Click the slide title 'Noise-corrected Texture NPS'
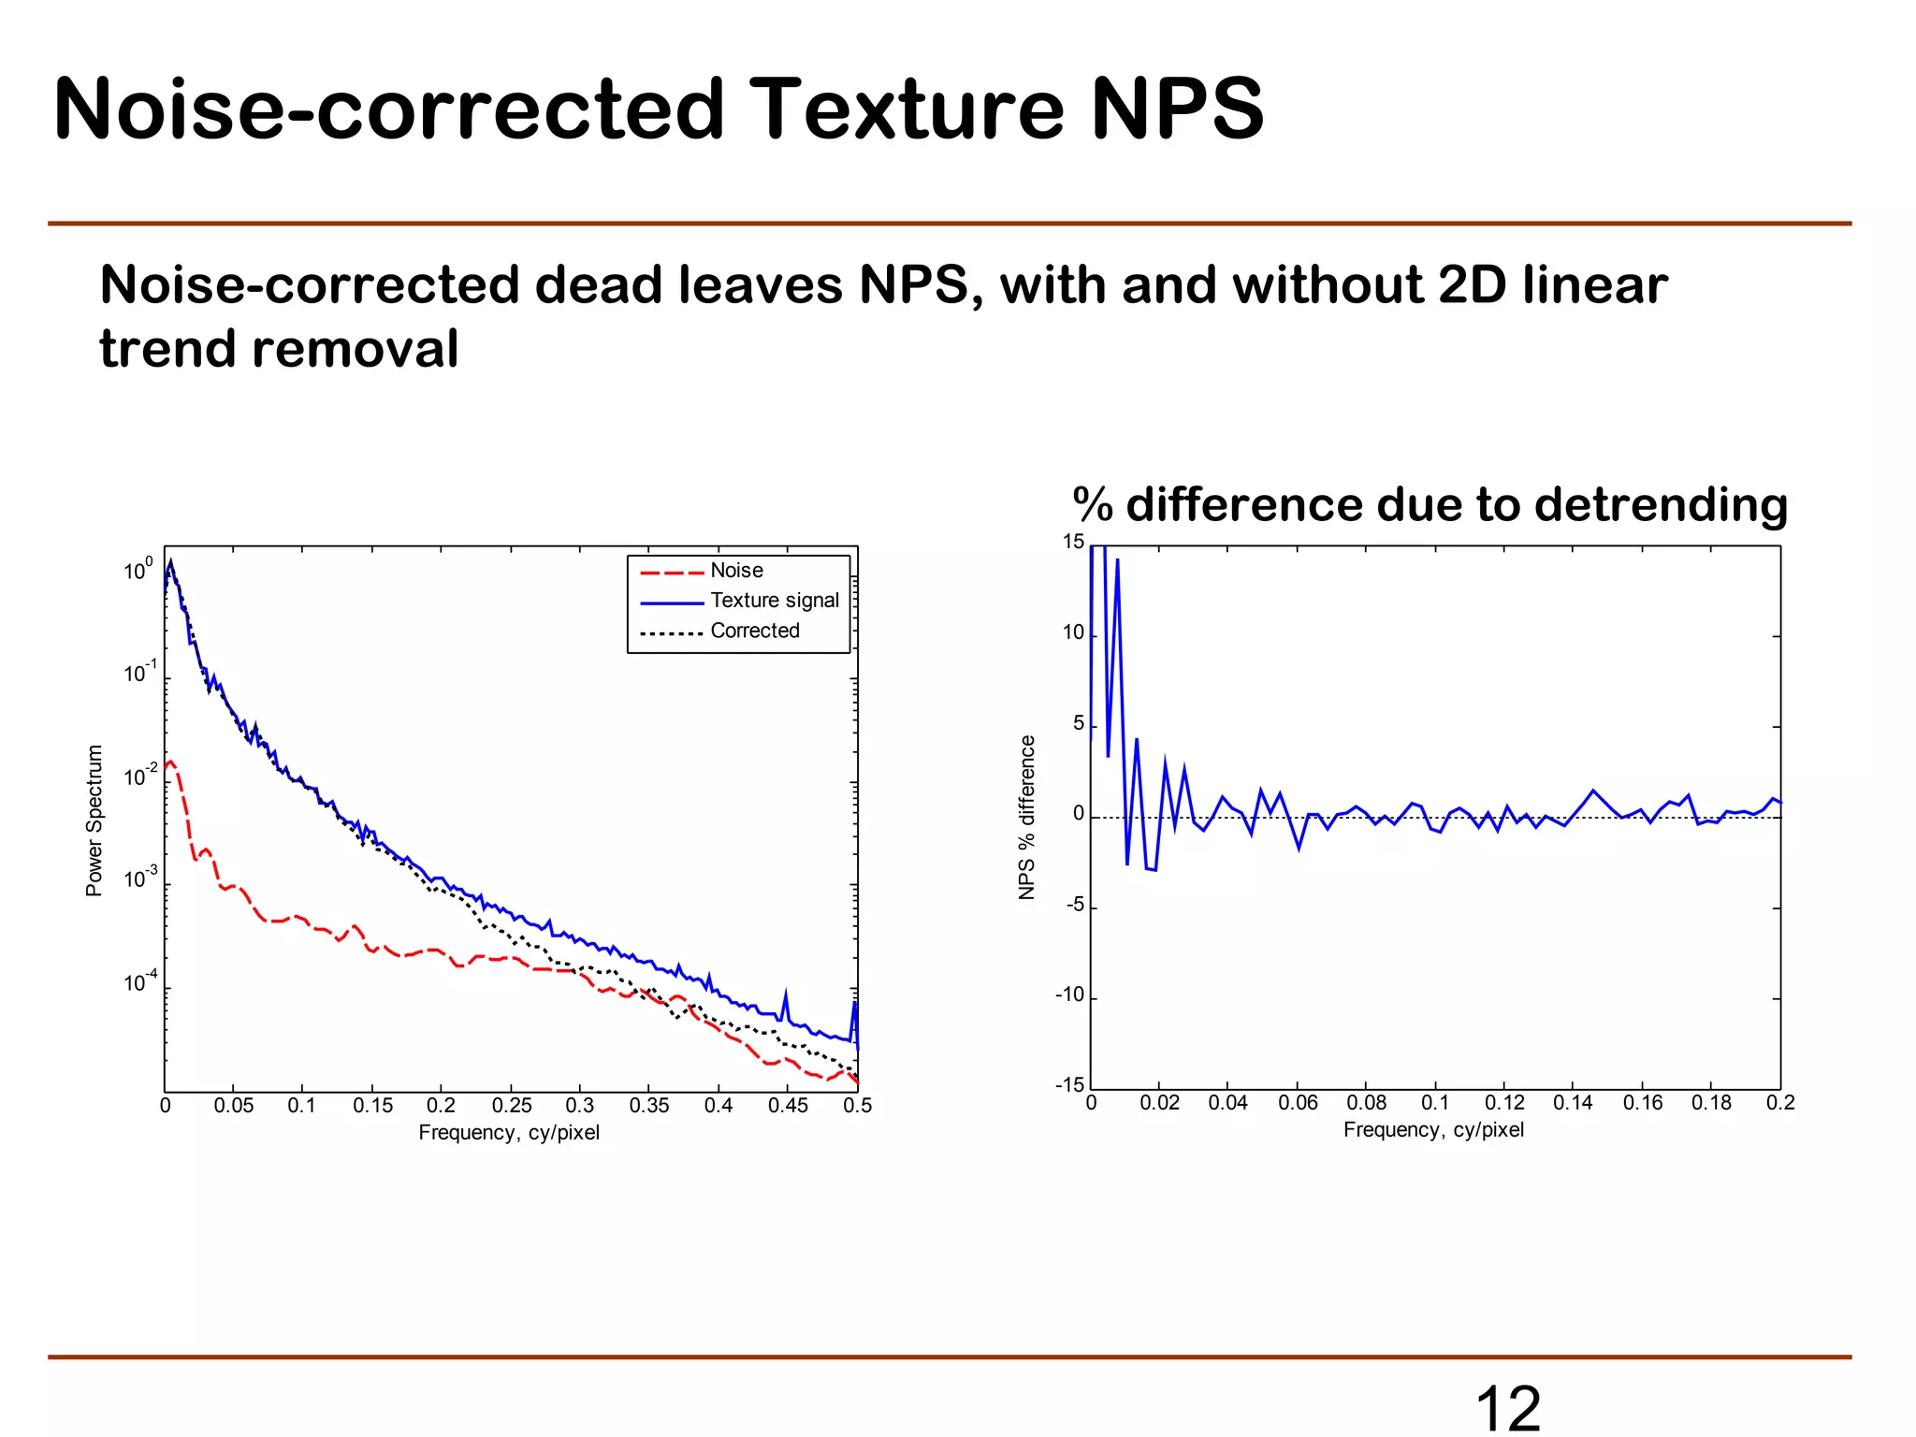tap(659, 110)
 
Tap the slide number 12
tap(1507, 1408)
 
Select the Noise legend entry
tap(736, 571)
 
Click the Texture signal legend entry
tap(774, 601)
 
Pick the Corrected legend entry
tap(754, 631)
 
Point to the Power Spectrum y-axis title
tap(94, 820)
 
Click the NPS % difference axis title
tap(1027, 818)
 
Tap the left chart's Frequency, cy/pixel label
tap(509, 1133)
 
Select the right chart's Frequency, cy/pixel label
tap(1433, 1130)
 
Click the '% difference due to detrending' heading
tap(1430, 505)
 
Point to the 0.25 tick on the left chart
tap(511, 1106)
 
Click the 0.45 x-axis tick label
tap(788, 1106)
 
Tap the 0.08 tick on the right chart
tap(1366, 1103)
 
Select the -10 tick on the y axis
tap(1069, 994)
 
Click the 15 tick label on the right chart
tap(1073, 542)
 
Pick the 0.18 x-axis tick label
tap(1711, 1103)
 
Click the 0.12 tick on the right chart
tap(1504, 1103)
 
